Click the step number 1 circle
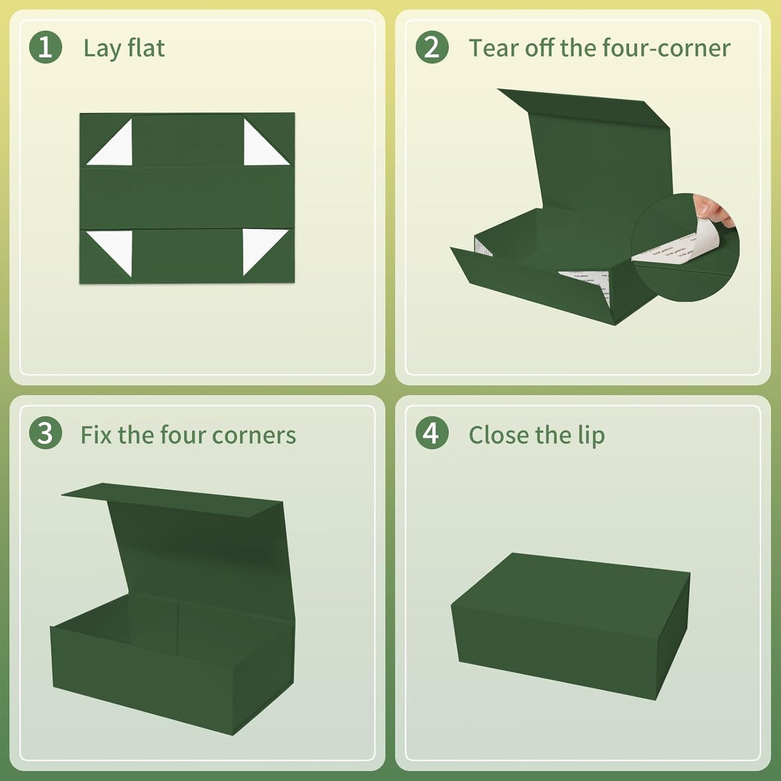pos(45,48)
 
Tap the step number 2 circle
pos(432,48)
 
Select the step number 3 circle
pos(45,434)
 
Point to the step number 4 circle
pos(432,434)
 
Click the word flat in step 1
pos(146,48)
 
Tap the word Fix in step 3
pos(96,435)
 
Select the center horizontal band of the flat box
pos(187,198)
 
